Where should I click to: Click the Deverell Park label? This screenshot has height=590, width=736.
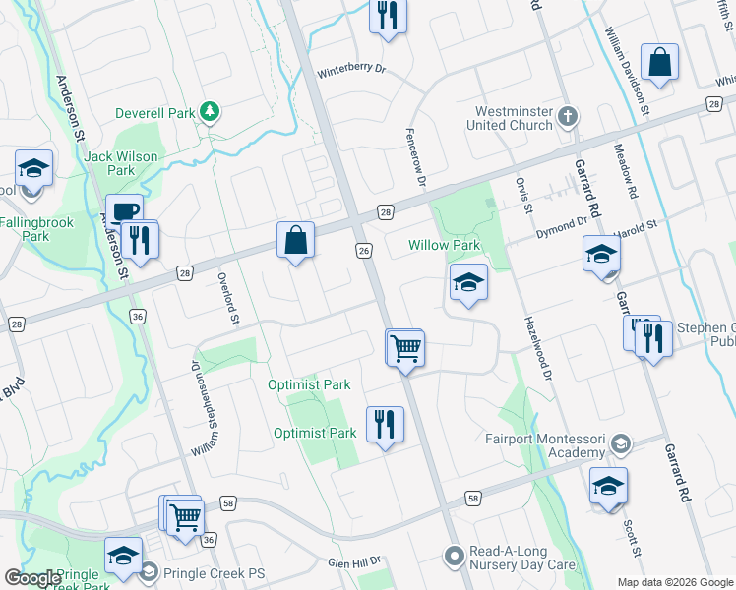tap(154, 113)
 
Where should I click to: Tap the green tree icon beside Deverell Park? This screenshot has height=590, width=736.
tap(209, 112)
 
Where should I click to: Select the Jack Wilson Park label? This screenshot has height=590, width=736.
tap(108, 162)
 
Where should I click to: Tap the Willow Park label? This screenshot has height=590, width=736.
tap(444, 245)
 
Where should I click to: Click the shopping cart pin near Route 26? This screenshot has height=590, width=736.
tap(405, 348)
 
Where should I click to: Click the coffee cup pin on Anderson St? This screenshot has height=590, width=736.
tap(125, 212)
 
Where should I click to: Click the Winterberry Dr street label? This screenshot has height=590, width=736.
tap(354, 73)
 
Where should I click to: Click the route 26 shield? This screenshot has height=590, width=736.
tap(363, 252)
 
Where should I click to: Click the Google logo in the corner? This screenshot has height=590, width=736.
tap(32, 578)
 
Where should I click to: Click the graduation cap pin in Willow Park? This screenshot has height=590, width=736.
tap(468, 283)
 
